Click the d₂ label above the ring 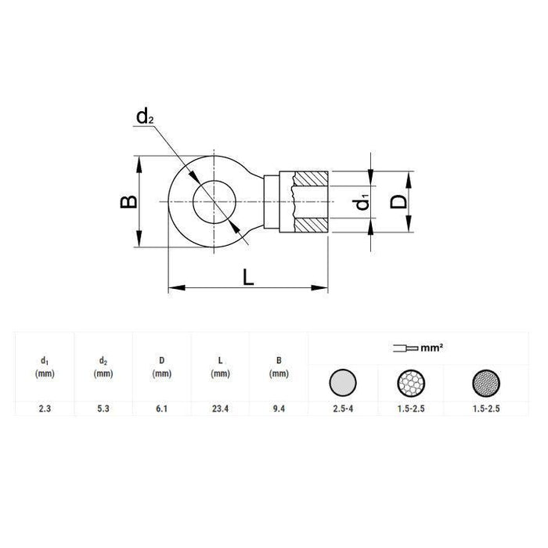click(145, 117)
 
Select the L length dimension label click(249, 276)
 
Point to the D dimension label click(398, 201)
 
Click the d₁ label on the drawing click(362, 202)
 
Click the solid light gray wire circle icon click(342, 381)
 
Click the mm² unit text click(434, 346)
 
